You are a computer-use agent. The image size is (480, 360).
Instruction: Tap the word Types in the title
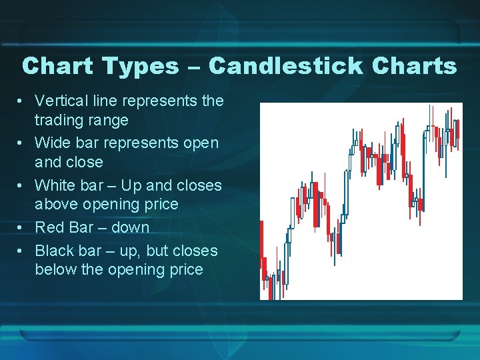141,66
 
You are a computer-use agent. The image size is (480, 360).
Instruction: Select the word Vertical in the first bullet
61,101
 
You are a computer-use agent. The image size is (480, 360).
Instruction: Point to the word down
130,227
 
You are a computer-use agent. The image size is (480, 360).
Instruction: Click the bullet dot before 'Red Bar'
22,228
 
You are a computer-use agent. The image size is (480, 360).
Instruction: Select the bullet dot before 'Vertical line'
22,101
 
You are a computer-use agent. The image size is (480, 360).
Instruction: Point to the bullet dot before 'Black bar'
22,251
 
